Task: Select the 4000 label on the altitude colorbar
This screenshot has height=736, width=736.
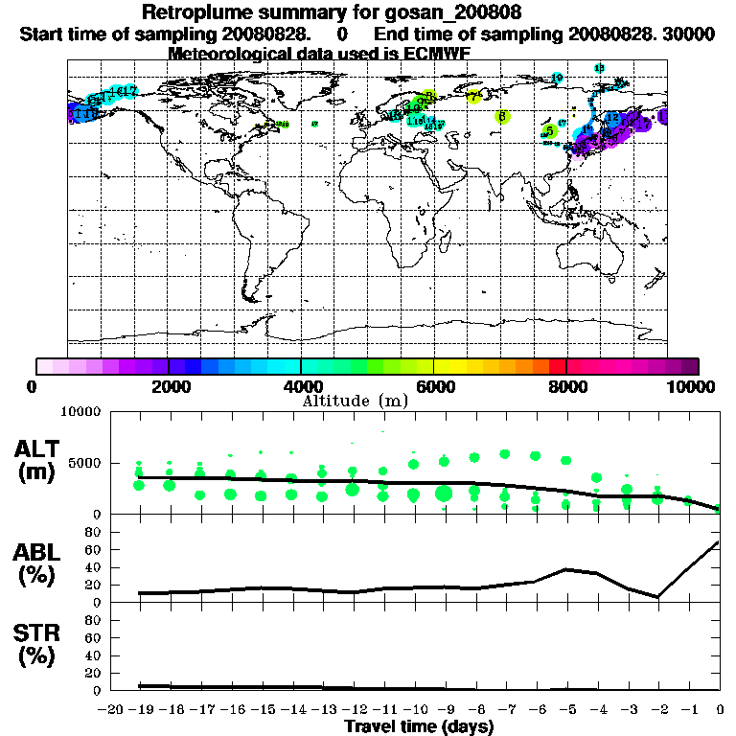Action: [302, 386]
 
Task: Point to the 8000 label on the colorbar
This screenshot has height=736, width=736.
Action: [566, 386]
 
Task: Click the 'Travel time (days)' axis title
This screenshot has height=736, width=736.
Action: [419, 727]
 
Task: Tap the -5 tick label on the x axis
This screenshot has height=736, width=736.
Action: [565, 710]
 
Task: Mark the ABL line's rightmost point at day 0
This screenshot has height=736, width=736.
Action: [719, 542]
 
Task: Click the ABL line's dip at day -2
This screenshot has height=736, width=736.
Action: [658, 597]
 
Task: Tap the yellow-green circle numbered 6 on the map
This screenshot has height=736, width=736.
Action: [503, 116]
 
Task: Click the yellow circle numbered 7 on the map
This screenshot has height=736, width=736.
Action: [473, 97]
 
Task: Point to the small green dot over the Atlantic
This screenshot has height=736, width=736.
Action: [315, 123]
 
